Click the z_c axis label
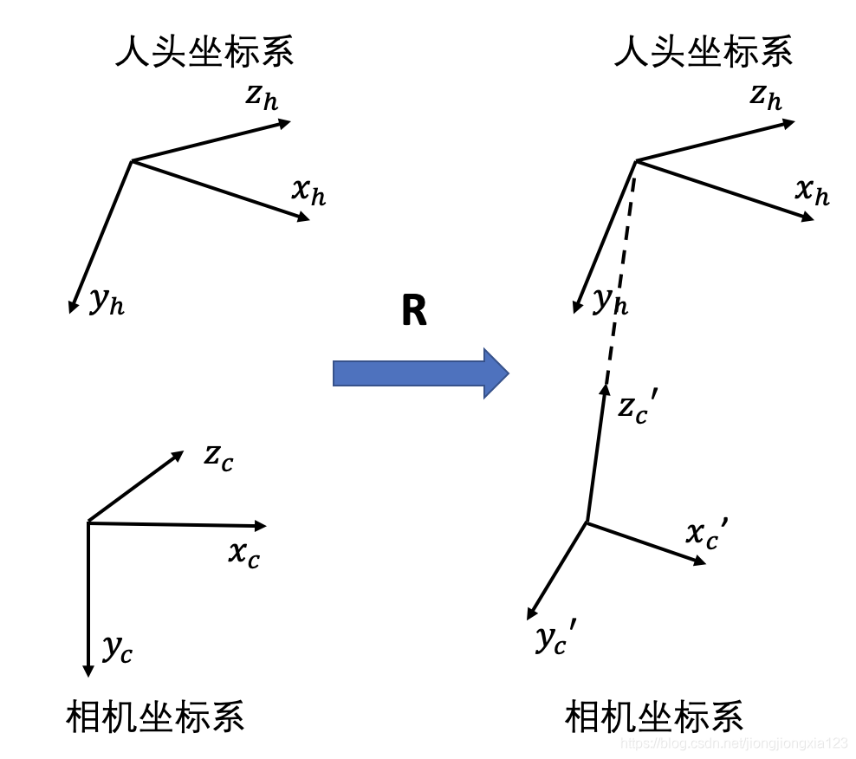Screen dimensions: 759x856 point(218,457)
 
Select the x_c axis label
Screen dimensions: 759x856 point(243,555)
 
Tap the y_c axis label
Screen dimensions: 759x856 point(117,648)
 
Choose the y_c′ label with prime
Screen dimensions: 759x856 point(555,639)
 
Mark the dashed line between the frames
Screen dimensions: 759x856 point(620,277)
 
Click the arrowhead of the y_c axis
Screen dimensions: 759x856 point(88,670)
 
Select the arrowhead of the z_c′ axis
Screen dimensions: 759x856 point(606,392)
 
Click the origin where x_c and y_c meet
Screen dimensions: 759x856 point(88,522)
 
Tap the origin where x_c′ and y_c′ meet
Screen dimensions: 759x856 point(587,522)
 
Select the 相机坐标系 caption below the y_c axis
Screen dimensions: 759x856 point(155,717)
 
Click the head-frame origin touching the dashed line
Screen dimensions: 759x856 point(636,160)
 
